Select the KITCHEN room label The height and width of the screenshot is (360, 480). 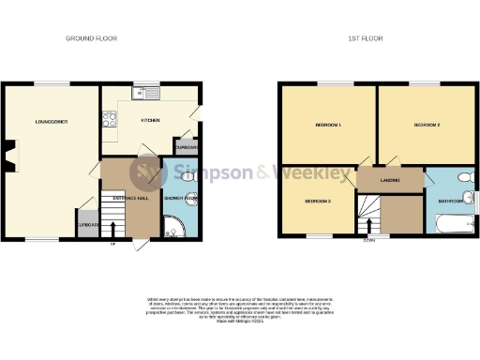(151, 120)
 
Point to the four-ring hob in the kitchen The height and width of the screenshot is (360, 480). (109, 119)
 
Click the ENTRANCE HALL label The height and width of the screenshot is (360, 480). (130, 199)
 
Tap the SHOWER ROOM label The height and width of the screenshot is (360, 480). (180, 199)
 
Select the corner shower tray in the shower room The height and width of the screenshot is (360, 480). (173, 225)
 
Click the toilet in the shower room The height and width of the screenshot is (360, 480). (187, 176)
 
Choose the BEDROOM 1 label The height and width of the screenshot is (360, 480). (326, 125)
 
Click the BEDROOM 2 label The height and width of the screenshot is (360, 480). (426, 125)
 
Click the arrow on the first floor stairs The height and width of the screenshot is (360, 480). (369, 225)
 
